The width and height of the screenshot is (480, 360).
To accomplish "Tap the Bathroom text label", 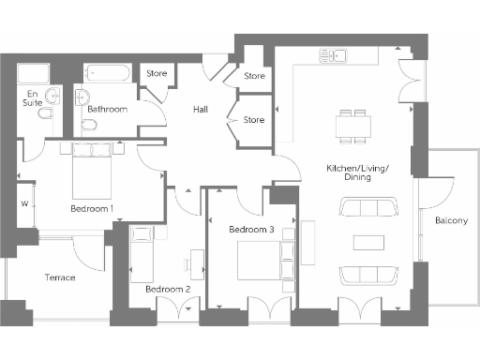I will (107, 110).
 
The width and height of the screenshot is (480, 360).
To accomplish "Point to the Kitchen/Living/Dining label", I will (356, 172).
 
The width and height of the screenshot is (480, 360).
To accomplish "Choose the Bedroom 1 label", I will (92, 208).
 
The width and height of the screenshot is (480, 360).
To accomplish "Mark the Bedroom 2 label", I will (168, 290).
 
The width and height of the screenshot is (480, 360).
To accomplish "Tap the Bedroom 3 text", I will (251, 230).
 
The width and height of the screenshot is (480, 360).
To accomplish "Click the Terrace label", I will (60, 277).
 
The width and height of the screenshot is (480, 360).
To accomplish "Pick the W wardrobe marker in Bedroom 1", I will (23, 202).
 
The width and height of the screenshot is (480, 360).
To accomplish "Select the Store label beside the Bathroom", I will (156, 73).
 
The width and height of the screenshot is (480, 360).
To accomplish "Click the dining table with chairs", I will (353, 125).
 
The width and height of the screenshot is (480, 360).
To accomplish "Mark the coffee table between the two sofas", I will (367, 242).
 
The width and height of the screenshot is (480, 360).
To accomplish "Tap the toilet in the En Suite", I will (53, 97).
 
